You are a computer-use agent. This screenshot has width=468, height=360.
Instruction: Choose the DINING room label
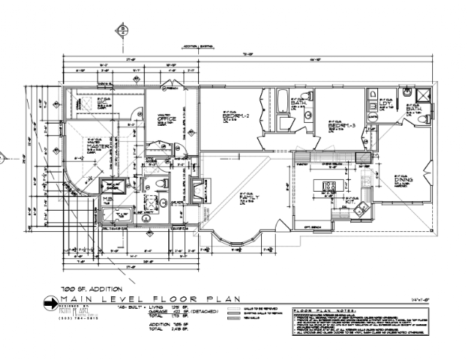(x=405, y=180)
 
